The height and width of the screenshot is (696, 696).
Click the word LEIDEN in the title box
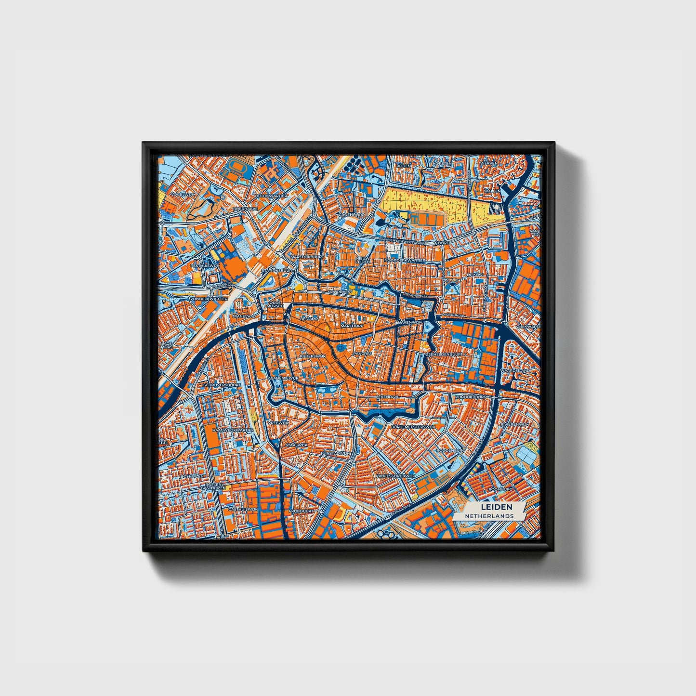click(496, 507)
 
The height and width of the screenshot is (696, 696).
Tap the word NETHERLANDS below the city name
click(489, 516)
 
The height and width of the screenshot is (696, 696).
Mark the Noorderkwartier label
click(405, 261)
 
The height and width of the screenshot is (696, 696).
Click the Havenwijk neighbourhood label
click(409, 321)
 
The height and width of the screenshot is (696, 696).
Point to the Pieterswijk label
click(313, 356)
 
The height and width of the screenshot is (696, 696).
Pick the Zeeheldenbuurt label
click(444, 354)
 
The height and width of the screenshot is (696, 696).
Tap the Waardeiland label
click(515, 370)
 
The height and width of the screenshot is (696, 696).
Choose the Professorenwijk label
click(395, 476)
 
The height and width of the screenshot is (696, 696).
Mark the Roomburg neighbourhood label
click(501, 489)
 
